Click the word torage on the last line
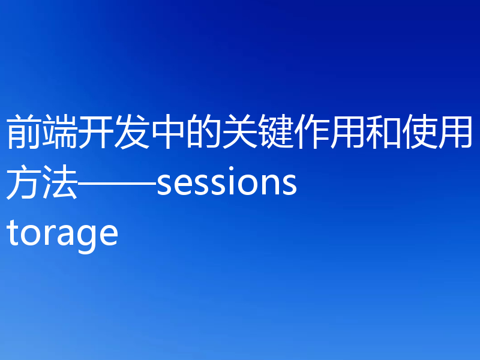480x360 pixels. tap(62, 234)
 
